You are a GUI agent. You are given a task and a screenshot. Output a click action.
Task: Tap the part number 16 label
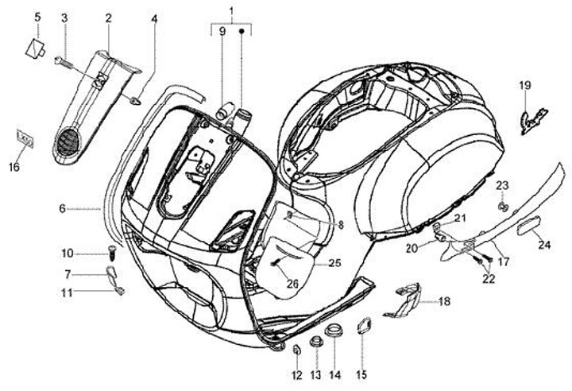(14, 166)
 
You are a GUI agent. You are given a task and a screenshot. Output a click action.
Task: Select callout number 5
(37, 16)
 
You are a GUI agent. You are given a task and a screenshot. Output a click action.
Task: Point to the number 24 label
(543, 245)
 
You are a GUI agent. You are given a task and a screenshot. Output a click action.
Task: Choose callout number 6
(61, 209)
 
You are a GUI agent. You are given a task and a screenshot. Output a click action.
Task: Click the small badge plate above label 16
(25, 140)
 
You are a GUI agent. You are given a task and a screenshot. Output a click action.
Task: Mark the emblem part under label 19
(528, 119)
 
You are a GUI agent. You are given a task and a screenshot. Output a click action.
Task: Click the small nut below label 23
(502, 207)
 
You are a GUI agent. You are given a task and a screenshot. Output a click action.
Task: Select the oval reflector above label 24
(528, 227)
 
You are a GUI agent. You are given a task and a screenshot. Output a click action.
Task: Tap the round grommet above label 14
(334, 331)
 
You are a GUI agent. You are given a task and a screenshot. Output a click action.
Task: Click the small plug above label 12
(295, 350)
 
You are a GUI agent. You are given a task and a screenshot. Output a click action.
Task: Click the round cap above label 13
(315, 342)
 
